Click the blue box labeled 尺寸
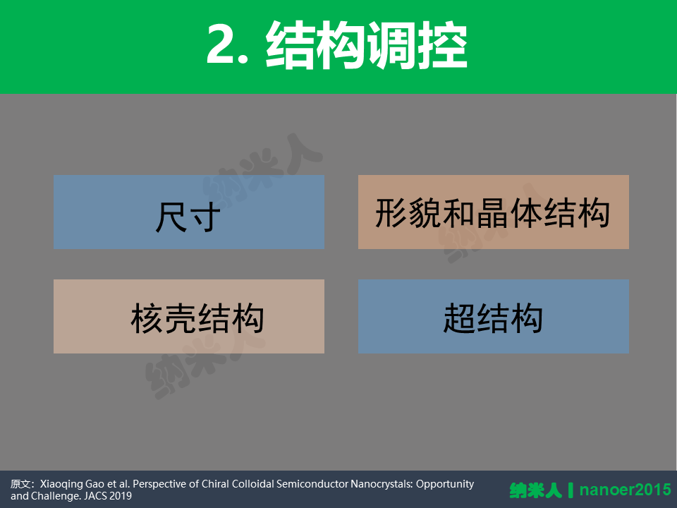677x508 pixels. point(189,212)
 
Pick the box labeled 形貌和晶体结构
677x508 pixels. point(494,212)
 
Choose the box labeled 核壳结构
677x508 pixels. point(189,316)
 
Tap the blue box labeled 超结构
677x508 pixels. point(494,316)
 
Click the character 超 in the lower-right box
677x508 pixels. point(460,318)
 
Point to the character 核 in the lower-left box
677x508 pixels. point(147,318)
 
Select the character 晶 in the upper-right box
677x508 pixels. point(493,213)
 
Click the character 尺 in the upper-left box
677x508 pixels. point(171,217)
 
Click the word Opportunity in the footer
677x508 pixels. point(445,485)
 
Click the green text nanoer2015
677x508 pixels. point(626,490)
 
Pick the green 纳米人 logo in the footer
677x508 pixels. point(536,490)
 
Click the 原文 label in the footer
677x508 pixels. point(20,484)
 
